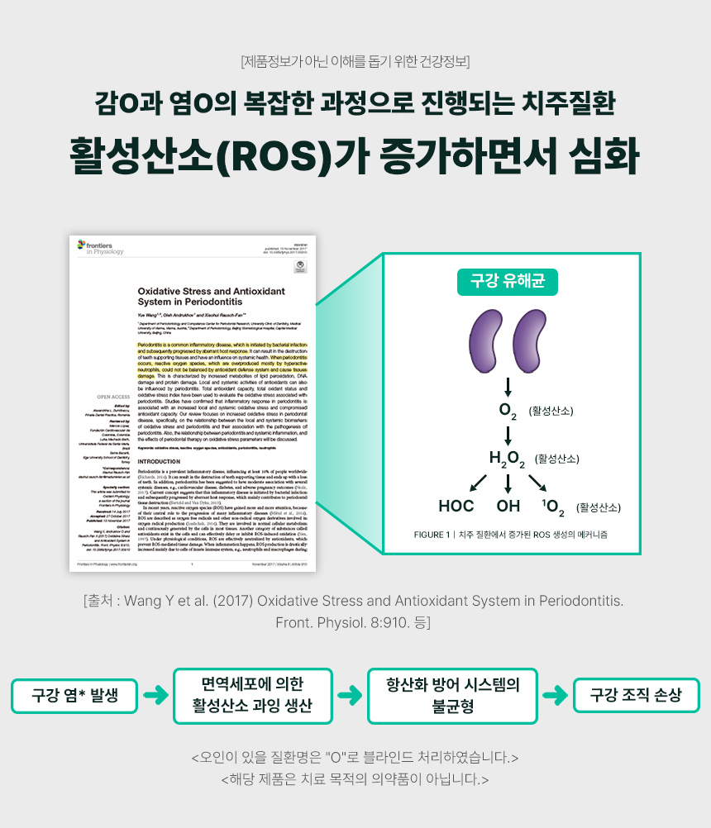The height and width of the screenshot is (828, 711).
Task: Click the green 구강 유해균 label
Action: pyautogui.click(x=508, y=282)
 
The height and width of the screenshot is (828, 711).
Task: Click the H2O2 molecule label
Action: pyautogui.click(x=508, y=459)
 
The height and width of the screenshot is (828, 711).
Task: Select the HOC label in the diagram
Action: pyautogui.click(x=456, y=506)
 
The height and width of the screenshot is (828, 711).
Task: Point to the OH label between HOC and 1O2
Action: pyautogui.click(x=508, y=506)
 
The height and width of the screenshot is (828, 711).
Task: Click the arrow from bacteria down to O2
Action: pyautogui.click(x=508, y=387)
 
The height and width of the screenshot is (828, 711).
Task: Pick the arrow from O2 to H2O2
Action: pyautogui.click(x=508, y=435)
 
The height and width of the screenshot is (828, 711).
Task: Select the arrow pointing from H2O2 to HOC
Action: pyautogui.click(x=478, y=482)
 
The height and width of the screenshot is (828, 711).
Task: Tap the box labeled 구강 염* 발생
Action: pyautogui.click(x=74, y=696)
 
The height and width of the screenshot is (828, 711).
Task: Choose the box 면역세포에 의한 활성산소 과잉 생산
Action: pyautogui.click(x=252, y=696)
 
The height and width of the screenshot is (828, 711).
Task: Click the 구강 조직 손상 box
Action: pyautogui.click(x=636, y=696)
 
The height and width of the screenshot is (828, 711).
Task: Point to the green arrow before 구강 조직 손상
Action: pyautogui.click(x=558, y=696)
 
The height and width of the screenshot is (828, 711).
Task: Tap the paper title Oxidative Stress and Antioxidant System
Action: pyautogui.click(x=211, y=297)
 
